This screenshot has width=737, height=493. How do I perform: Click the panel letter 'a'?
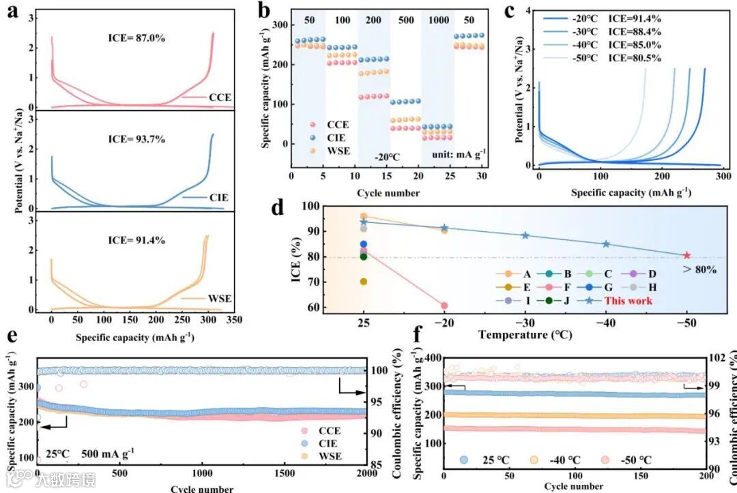(12, 12)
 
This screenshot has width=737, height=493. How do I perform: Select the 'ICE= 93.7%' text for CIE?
(136, 139)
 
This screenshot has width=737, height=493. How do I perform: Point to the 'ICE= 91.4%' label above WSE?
(136, 240)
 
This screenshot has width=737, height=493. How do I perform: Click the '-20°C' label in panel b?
(386, 157)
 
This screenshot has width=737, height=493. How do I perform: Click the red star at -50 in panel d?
(687, 255)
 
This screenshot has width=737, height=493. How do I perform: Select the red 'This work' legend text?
(629, 301)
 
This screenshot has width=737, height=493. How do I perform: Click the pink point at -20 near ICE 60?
(444, 305)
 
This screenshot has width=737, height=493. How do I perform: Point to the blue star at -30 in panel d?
(525, 235)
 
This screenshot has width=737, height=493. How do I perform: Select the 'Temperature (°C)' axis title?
(524, 335)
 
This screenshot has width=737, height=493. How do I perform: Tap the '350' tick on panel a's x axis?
(234, 319)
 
